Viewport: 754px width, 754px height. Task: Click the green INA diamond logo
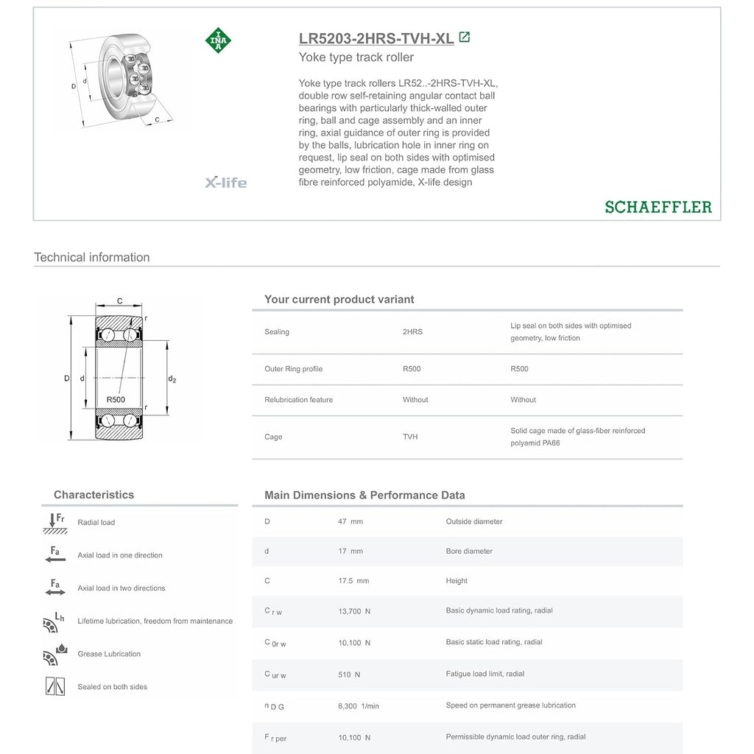pos(218,40)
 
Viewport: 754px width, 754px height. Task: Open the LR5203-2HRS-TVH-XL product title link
pos(376,38)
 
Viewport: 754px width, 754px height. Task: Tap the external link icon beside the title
pos(465,37)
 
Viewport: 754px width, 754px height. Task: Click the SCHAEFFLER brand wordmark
pos(658,207)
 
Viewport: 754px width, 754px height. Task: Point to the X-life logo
pos(225,183)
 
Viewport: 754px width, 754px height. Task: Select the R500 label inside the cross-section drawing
pos(116,400)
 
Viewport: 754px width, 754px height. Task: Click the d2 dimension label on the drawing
pos(172,379)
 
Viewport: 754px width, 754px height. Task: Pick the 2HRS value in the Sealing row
pos(412,332)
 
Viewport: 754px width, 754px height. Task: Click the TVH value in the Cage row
pos(410,437)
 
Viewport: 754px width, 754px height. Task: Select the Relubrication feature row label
pos(299,400)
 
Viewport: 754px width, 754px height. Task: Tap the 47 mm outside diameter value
pos(350,521)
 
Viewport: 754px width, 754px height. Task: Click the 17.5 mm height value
pos(353,581)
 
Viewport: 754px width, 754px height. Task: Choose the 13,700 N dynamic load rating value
pos(354,612)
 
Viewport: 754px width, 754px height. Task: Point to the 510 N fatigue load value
pos(349,674)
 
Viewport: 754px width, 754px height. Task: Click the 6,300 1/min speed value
pos(359,706)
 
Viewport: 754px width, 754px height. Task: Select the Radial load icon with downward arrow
pos(54,524)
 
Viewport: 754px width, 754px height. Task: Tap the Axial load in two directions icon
pos(55,587)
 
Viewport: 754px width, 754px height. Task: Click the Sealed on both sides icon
pos(54,686)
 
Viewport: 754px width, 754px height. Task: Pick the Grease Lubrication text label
pos(109,654)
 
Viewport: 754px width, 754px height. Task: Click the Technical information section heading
pos(92,257)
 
